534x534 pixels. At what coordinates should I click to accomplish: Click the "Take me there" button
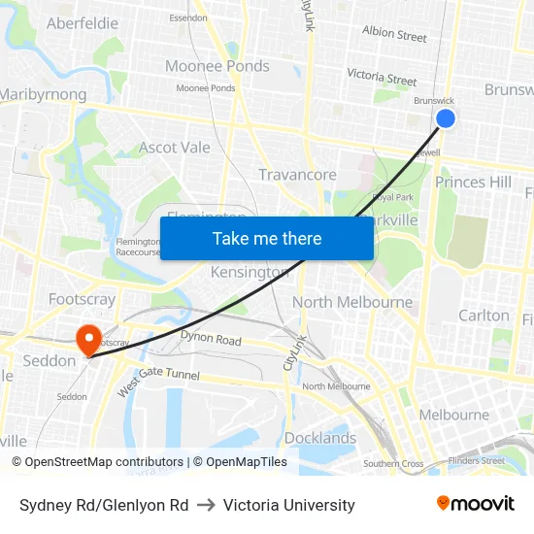pos(267,238)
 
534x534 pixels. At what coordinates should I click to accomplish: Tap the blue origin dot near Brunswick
pos(446,118)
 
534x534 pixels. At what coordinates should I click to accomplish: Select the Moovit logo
pos(476,503)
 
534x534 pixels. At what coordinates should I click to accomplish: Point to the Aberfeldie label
pos(83,22)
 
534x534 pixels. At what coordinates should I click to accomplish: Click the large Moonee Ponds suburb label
pos(217,66)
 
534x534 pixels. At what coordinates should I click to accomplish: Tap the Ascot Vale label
pos(175,148)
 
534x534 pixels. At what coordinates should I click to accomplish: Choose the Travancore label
pos(297,175)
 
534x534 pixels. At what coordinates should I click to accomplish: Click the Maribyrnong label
pos(44,94)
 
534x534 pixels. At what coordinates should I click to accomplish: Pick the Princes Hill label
pos(473,182)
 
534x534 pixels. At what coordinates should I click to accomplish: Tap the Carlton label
pos(484,315)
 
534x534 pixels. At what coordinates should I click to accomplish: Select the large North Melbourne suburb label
pos(352,302)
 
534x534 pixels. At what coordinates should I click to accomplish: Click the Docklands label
pos(320,438)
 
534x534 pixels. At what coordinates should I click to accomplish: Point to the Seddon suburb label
pos(49,360)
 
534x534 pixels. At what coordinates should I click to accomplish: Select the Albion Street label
pos(394,34)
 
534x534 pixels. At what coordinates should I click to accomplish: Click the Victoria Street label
pos(382,76)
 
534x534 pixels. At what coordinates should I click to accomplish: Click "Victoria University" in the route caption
pos(289,505)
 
